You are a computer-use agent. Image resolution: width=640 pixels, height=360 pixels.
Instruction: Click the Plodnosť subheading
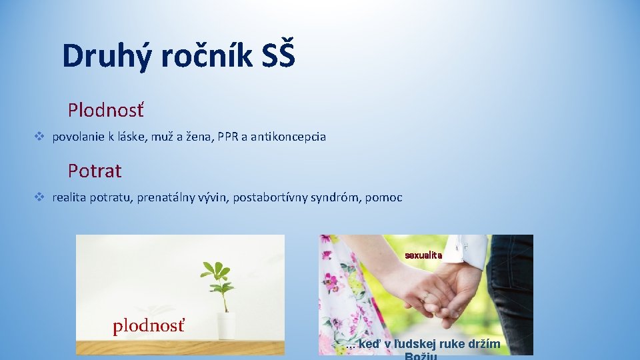[105, 109]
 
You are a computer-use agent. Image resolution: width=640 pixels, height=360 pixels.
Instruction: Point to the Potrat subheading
[95, 171]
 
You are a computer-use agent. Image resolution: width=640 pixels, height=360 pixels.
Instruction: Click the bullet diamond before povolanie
[39, 136]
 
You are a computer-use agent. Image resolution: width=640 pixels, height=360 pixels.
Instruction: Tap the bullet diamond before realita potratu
[39, 197]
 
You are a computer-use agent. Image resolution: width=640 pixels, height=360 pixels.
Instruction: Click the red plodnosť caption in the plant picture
[148, 326]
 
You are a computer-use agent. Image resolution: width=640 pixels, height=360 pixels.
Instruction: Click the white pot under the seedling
[226, 325]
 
